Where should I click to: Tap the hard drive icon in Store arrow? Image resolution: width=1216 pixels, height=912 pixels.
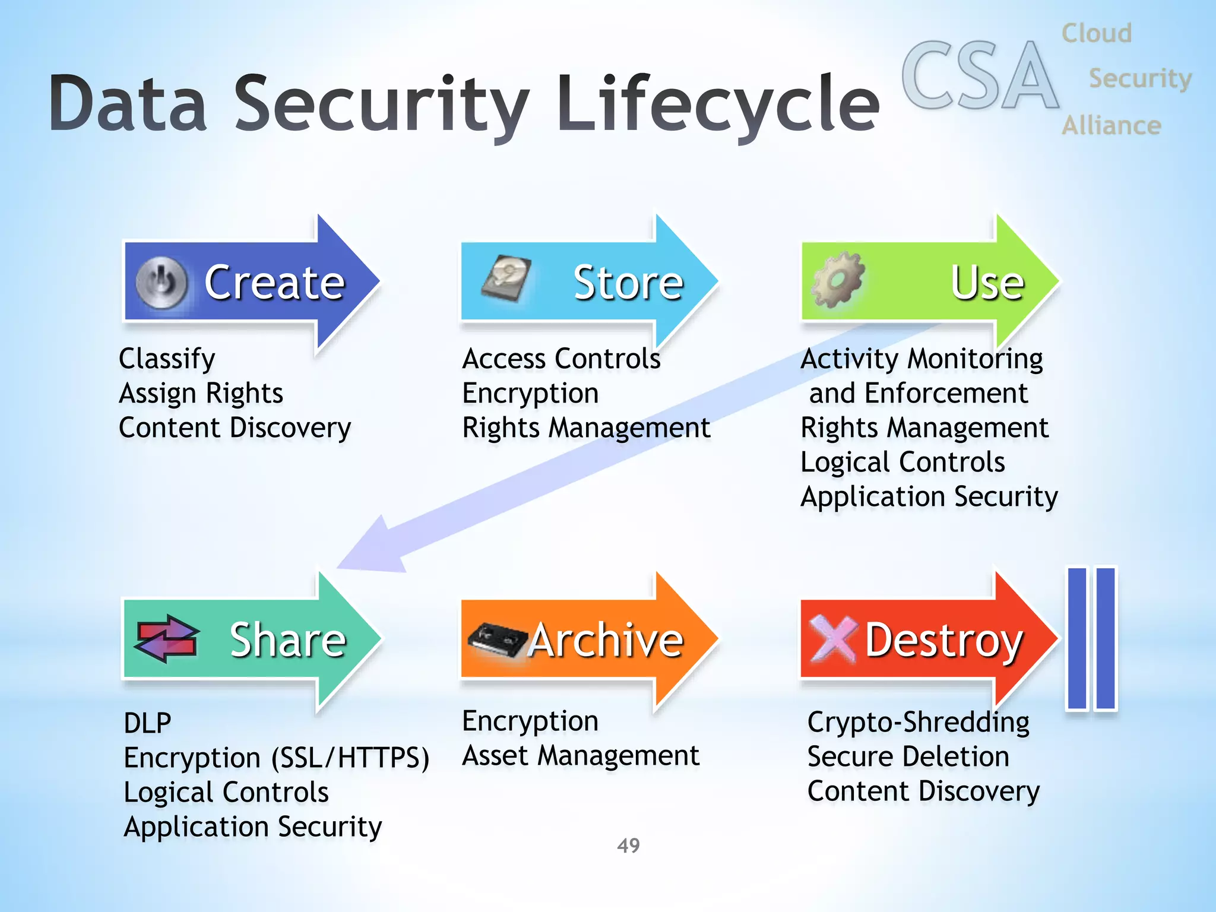506,279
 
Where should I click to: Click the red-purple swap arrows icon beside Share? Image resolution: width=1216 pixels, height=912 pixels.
167,639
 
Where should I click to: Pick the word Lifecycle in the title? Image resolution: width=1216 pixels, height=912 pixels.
718,103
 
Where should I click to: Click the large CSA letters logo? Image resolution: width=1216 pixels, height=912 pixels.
980,76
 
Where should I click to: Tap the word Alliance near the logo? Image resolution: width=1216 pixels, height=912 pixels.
1111,126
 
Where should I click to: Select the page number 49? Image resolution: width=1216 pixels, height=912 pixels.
628,845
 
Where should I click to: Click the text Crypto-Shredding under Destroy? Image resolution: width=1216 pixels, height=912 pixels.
918,723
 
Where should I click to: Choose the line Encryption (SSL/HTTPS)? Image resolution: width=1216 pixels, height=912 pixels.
276,758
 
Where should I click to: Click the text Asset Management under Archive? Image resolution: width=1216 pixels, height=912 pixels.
580,756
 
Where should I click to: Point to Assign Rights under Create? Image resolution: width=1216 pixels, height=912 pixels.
201,393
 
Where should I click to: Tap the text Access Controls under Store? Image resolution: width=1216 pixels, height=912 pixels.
561,359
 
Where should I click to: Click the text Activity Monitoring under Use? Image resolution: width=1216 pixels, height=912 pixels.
921,359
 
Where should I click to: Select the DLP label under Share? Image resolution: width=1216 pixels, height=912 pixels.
147,723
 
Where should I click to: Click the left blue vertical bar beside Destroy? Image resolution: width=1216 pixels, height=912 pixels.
1076,638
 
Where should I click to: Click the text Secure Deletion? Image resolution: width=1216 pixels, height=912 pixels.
908,757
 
